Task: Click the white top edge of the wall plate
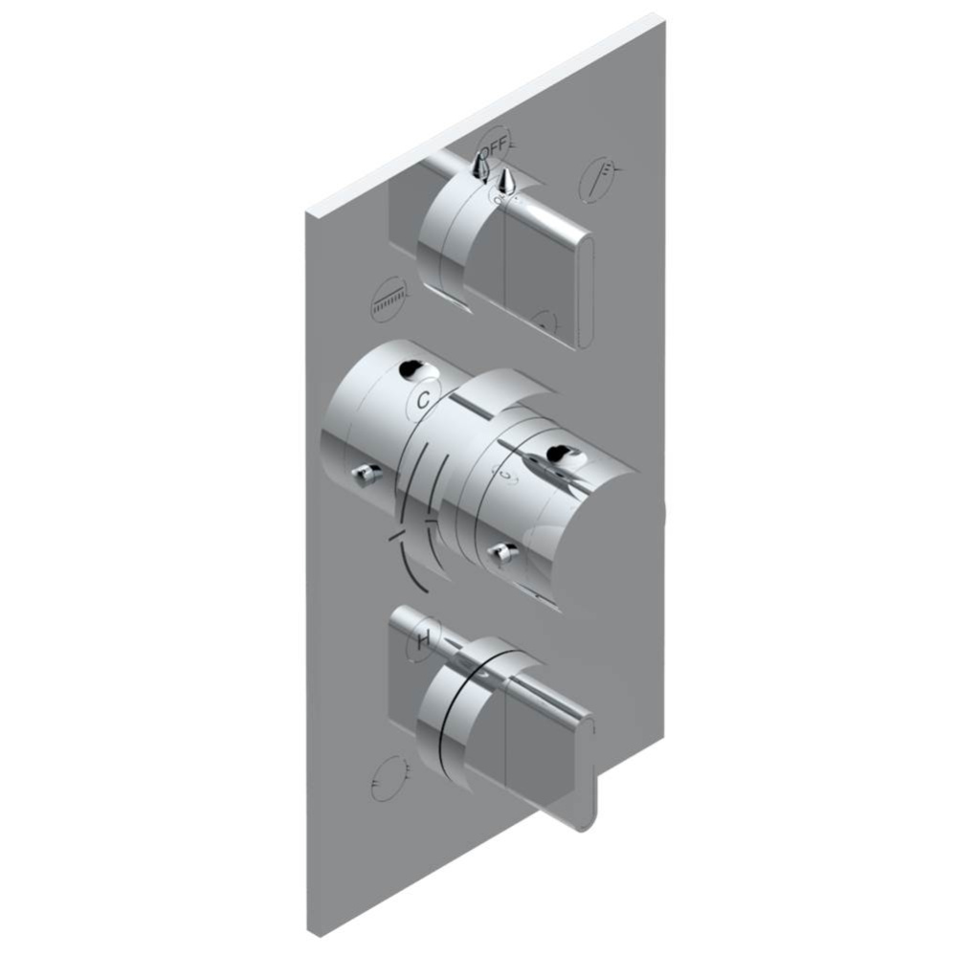pos(478,105)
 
